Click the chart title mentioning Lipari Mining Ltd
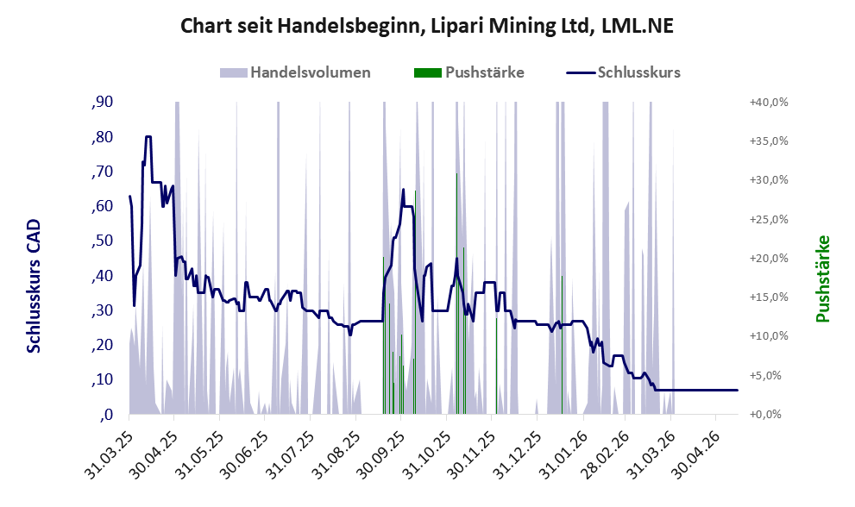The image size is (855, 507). point(427,26)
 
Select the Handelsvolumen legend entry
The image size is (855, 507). point(295,72)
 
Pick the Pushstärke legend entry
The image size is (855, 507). point(469,72)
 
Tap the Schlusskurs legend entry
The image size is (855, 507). point(623,72)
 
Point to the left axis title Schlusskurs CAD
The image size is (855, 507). point(34,285)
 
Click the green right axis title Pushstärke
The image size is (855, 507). point(823,279)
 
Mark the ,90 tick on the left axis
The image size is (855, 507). point(103,102)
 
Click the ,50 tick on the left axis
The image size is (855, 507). point(103,241)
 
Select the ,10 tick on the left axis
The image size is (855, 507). point(103,380)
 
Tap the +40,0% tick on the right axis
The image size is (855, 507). point(769,103)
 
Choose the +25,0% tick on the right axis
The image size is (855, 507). point(769,219)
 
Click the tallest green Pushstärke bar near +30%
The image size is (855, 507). point(456,294)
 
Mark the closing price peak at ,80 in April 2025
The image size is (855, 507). point(148,136)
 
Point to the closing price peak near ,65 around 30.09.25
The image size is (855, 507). point(404,190)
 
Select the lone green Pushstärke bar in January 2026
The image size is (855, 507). point(562,345)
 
